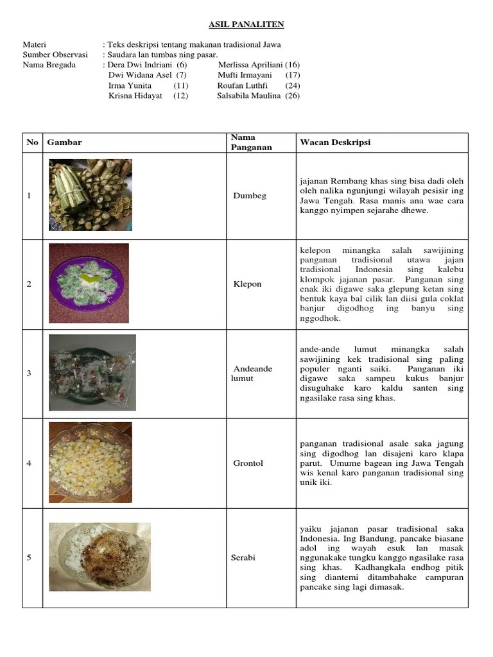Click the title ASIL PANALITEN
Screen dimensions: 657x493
[246, 24]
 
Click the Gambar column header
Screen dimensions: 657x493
[64, 142]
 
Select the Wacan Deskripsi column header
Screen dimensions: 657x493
[334, 142]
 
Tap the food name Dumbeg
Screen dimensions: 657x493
[250, 196]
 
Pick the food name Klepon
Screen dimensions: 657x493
[248, 284]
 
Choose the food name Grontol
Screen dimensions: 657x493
[248, 463]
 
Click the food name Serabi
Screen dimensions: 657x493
[243, 558]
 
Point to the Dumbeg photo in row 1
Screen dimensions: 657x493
[91, 195]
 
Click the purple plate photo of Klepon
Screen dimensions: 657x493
[89, 283]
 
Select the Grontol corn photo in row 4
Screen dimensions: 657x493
[91, 462]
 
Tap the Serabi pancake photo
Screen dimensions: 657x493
[99, 557]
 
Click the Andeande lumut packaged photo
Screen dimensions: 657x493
[92, 372]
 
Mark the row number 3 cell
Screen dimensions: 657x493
[30, 373]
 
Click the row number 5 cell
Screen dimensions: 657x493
[30, 558]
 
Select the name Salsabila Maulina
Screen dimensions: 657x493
[249, 96]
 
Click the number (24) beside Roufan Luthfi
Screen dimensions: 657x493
[293, 85]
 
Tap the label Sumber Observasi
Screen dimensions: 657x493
[55, 55]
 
